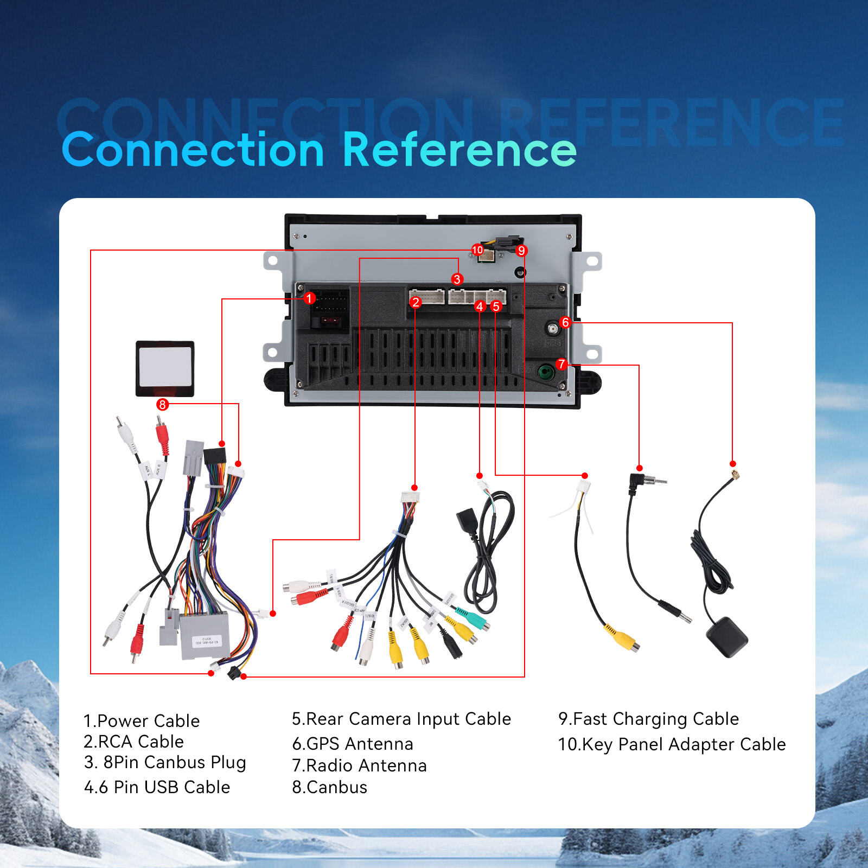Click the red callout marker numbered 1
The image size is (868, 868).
[x=309, y=298]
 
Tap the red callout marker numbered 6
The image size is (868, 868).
[x=565, y=322]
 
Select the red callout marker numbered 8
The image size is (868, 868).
[x=162, y=405]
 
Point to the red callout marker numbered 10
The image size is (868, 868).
[x=477, y=250]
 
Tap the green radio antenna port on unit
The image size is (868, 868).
[x=545, y=372]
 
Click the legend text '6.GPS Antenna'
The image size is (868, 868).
[x=353, y=743]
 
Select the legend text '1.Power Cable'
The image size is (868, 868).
[x=142, y=720]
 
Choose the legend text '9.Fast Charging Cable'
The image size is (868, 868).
[x=648, y=719]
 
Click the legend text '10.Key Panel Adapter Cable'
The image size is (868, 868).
[x=672, y=744]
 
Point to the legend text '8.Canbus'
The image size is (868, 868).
[x=330, y=787]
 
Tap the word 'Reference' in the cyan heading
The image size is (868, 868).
[x=459, y=150]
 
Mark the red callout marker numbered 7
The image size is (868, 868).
[x=561, y=364]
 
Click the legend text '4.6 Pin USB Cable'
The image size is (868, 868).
[x=157, y=787]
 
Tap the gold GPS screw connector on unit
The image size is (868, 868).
[x=552, y=329]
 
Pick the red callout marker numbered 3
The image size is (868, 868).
[x=457, y=279]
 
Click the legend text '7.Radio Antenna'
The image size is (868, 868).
[x=360, y=765]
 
